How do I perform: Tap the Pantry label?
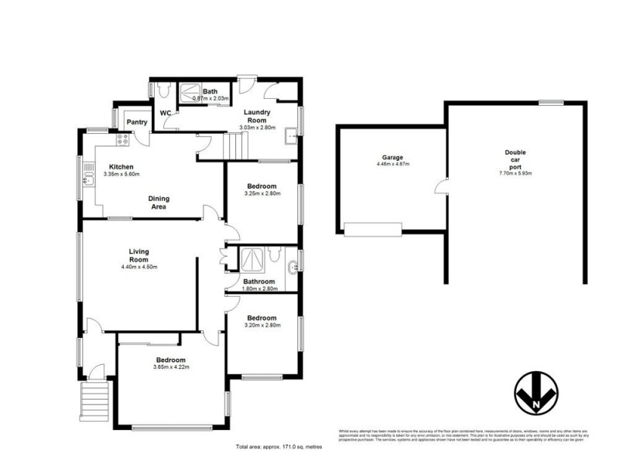pyautogui.click(x=137, y=122)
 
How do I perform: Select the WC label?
pyautogui.click(x=166, y=114)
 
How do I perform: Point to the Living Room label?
pyautogui.click(x=139, y=255)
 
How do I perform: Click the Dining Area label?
pyautogui.click(x=159, y=203)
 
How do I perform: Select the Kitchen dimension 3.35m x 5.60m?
pyautogui.click(x=124, y=175)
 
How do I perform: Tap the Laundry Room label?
pyautogui.click(x=256, y=117)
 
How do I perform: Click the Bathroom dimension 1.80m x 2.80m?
pyautogui.click(x=260, y=288)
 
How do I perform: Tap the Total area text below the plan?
pyautogui.click(x=278, y=447)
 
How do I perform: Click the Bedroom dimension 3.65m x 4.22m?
pyautogui.click(x=170, y=367)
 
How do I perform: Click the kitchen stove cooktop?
pyautogui.click(x=122, y=140)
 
